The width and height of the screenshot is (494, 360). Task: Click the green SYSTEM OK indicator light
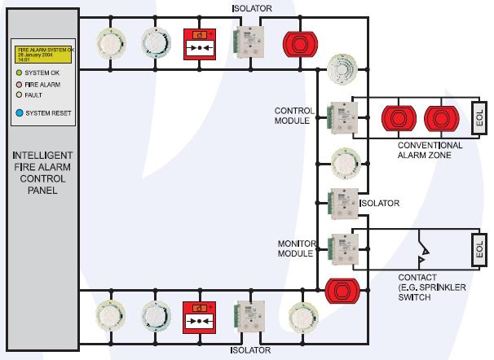tap(20, 72)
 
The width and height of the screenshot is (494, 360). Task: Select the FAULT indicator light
tap(20, 94)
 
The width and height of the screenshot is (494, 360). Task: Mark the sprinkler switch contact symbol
tap(421, 249)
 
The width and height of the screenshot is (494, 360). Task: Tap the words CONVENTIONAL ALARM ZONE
tap(430, 150)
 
